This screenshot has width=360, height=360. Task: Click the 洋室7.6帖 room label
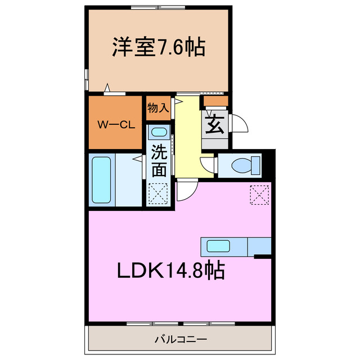[x=157, y=47]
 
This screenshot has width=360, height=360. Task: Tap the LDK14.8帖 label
[x=171, y=272]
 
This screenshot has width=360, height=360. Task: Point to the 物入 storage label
[x=158, y=108]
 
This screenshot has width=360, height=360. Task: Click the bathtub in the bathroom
[x=102, y=179]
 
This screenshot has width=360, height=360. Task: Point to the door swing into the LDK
[x=186, y=191]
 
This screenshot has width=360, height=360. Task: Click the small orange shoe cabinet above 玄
[x=215, y=101]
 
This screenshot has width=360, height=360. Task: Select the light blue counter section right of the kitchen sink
[x=259, y=246]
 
